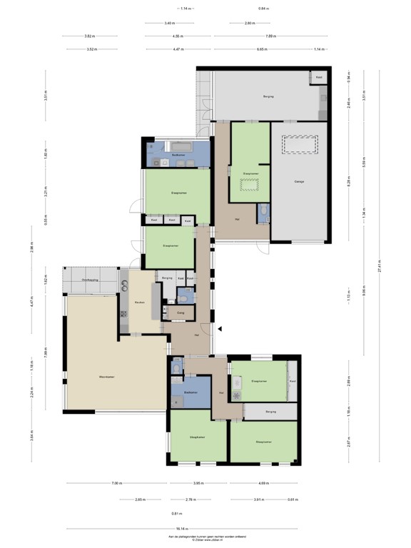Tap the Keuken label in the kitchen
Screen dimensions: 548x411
[140, 302]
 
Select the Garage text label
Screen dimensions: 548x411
[300, 181]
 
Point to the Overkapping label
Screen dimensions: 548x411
[90, 280]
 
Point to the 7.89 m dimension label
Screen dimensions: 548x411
[271, 36]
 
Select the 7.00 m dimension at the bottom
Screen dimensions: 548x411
[116, 484]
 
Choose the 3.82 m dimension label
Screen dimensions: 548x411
[89, 36]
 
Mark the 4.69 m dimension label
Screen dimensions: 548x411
[263, 484]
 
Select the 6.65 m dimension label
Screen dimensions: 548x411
[263, 49]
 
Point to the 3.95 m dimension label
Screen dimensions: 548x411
[199, 484]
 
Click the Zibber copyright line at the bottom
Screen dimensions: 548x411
[206, 539]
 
